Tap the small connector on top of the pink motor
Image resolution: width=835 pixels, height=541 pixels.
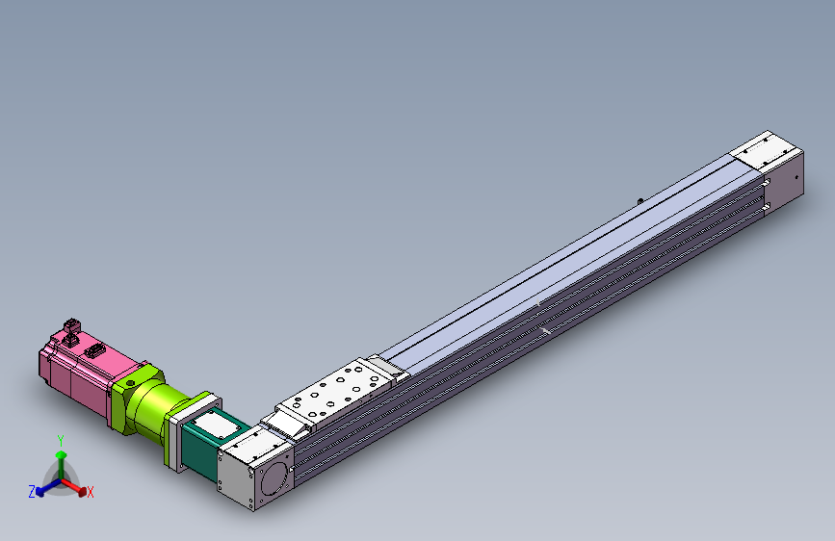(x=70, y=328)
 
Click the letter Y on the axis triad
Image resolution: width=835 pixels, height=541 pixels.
(x=60, y=439)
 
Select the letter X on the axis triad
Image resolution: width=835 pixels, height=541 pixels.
(x=91, y=493)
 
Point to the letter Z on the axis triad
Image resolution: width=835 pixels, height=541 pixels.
(x=32, y=491)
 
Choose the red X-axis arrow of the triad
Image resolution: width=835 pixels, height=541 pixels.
(x=78, y=487)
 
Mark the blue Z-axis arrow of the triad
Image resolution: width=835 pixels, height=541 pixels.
(x=43, y=489)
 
